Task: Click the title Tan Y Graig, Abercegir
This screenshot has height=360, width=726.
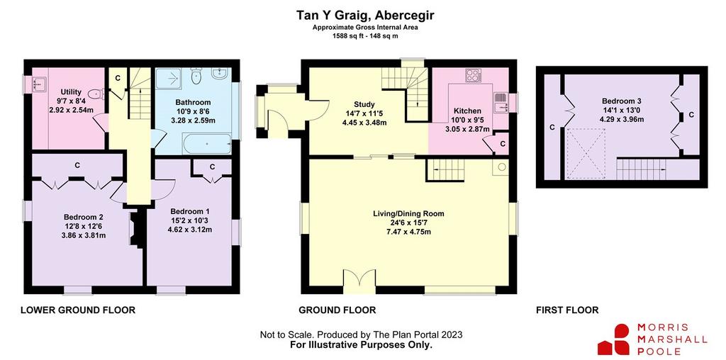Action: coord(365,16)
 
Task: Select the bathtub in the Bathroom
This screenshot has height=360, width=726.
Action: coord(207,143)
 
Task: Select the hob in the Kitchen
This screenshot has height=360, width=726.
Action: coord(473,75)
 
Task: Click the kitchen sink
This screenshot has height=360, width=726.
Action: coord(500,103)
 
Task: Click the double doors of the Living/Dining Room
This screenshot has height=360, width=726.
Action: coord(359,281)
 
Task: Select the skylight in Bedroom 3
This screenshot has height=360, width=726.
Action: coord(586,152)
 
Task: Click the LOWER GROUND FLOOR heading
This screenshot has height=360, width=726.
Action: coord(78,310)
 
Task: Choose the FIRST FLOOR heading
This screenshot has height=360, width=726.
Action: coord(567,310)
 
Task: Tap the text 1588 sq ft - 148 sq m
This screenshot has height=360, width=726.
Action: coord(365,36)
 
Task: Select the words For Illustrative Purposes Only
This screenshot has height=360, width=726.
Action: coord(361,344)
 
